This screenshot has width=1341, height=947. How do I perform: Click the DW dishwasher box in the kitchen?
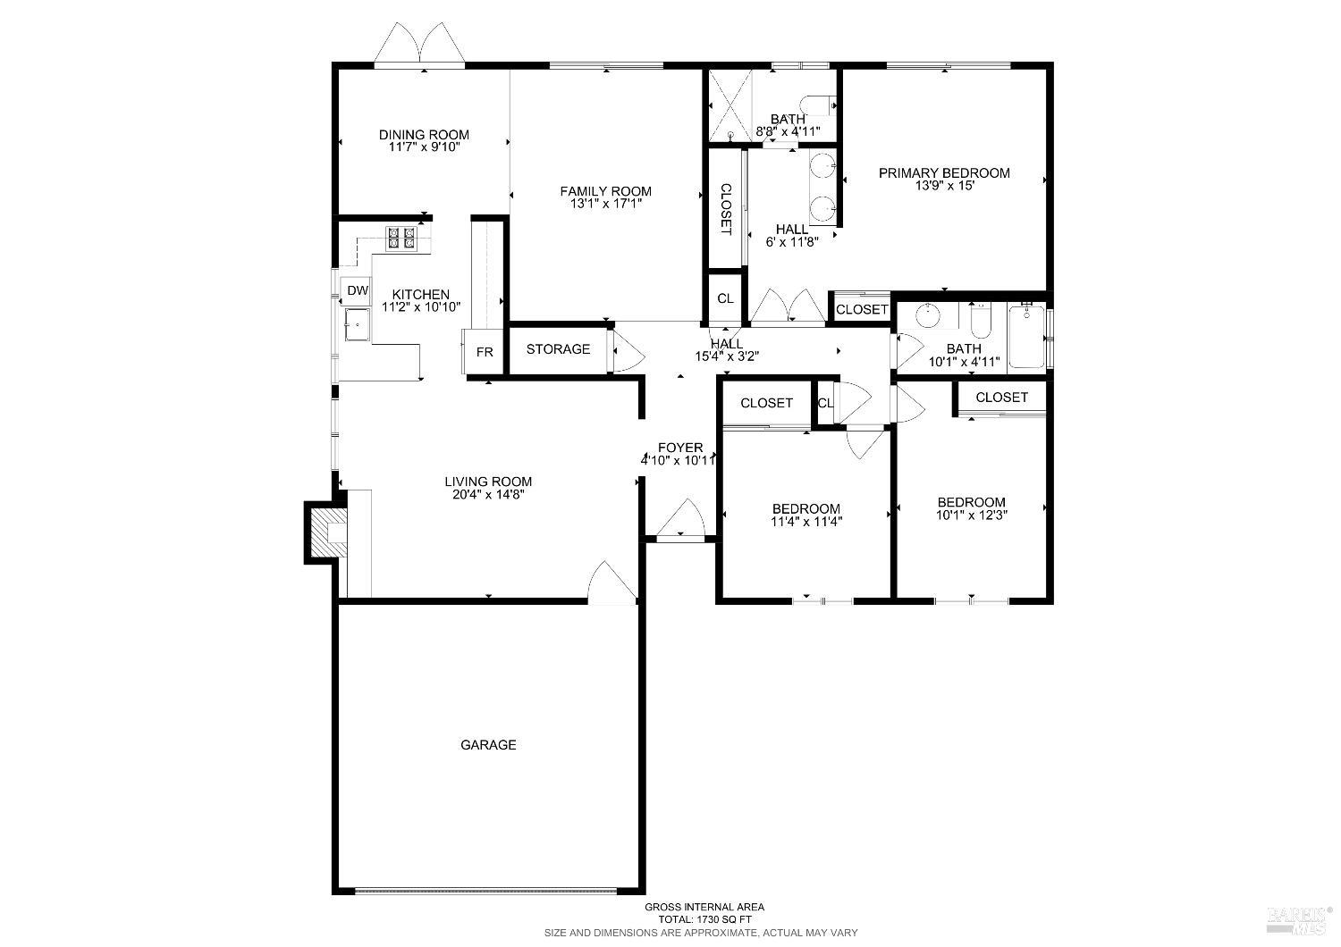(x=358, y=290)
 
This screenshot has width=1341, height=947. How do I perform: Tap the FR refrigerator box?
(x=485, y=352)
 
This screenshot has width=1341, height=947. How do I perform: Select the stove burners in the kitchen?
(x=401, y=238)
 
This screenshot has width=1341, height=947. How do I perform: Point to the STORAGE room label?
(x=558, y=349)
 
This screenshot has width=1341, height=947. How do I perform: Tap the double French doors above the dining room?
(x=419, y=46)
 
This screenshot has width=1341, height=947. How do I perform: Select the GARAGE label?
(x=488, y=745)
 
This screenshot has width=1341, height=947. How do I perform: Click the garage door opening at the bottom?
(x=485, y=890)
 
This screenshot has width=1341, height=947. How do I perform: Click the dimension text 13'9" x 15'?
(x=944, y=187)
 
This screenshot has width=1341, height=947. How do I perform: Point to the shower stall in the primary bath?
(x=730, y=105)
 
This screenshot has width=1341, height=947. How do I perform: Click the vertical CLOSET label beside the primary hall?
(x=726, y=209)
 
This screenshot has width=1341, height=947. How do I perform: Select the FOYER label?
(x=680, y=448)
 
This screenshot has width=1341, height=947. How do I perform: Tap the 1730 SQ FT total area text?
(x=704, y=919)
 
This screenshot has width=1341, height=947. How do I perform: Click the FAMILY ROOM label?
(x=605, y=191)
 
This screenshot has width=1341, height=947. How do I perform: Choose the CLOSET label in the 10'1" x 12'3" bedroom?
(x=1001, y=398)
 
